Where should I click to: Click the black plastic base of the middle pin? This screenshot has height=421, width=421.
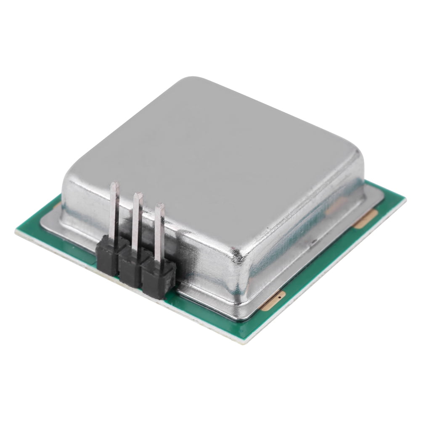point(130,268)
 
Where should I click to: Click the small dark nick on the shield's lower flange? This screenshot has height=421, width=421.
point(314,241)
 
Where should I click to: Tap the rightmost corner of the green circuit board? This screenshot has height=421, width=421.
point(405,198)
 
